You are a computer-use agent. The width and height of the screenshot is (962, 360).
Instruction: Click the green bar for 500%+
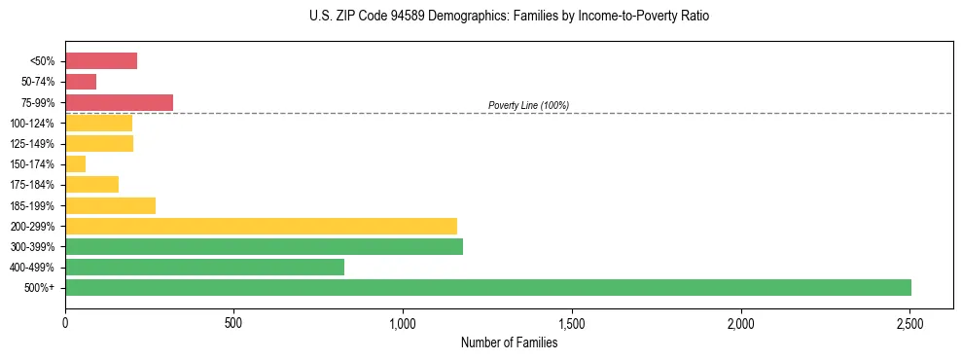click(487, 287)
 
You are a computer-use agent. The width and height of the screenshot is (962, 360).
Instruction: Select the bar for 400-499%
click(204, 267)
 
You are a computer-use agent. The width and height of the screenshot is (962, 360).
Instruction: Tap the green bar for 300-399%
click(264, 246)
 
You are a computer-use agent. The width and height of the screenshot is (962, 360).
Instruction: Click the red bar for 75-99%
click(119, 102)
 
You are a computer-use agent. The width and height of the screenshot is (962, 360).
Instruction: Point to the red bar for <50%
click(101, 61)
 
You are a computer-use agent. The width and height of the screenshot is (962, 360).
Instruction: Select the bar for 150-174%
click(76, 163)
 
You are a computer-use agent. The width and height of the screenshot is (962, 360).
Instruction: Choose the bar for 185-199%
click(110, 205)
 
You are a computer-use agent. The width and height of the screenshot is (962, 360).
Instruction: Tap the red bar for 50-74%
click(81, 82)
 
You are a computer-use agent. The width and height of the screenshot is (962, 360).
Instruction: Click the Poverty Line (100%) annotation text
click(528, 105)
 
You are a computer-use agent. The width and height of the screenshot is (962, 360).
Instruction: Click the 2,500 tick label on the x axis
click(909, 322)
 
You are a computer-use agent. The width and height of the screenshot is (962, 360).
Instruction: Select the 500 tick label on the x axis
click(233, 322)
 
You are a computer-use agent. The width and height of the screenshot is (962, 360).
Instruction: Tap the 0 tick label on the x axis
click(65, 322)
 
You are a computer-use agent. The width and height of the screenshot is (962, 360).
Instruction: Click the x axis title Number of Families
click(509, 342)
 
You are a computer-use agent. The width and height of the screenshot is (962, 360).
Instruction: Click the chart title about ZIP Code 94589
click(509, 17)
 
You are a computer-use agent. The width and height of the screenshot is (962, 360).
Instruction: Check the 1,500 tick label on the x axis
click(572, 322)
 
